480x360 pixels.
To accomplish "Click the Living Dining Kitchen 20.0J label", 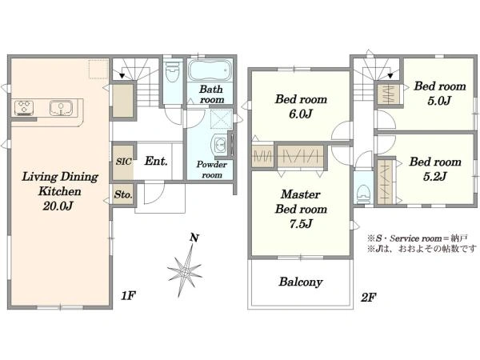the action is pyautogui.click(x=60, y=191).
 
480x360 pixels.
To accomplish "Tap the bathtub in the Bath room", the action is pyautogui.click(x=210, y=70).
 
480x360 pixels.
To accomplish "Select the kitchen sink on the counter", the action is pyautogui.click(x=62, y=108).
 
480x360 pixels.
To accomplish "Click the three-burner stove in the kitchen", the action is pyautogui.click(x=24, y=108).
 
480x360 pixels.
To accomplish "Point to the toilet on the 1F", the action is pyautogui.click(x=172, y=72).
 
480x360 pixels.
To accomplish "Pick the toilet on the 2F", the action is pyautogui.click(x=363, y=193).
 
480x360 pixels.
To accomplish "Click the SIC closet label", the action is pyautogui.click(x=123, y=162).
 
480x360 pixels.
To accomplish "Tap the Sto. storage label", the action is pyautogui.click(x=123, y=194).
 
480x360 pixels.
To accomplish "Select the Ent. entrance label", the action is pyautogui.click(x=156, y=161).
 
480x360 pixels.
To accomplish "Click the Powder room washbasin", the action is pyautogui.click(x=219, y=145).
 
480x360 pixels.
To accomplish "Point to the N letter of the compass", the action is pyautogui.click(x=194, y=238).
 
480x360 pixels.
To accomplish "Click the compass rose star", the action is pyautogui.click(x=185, y=270).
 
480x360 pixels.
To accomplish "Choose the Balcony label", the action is pyautogui.click(x=301, y=282).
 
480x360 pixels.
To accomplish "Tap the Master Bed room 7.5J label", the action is pyautogui.click(x=301, y=209).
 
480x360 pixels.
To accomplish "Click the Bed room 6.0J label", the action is pyautogui.click(x=301, y=106).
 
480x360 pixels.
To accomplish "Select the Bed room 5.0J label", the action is pyautogui.click(x=440, y=94).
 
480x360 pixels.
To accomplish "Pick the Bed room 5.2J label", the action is pyautogui.click(x=435, y=169).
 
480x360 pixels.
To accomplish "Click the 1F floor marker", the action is pyautogui.click(x=128, y=296).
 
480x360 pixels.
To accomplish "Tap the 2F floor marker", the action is pyautogui.click(x=368, y=297).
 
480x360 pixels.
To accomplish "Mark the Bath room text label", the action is pyautogui.click(x=211, y=94).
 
